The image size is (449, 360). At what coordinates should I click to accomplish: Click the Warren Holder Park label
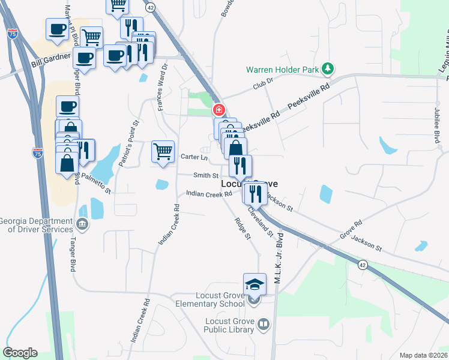[x=282, y=70]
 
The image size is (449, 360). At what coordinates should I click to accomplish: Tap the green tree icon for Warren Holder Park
[x=327, y=69]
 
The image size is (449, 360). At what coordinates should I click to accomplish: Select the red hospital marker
[x=219, y=110]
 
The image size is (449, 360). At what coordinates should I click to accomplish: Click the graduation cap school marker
[x=255, y=283]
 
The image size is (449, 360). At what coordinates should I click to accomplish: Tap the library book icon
[x=263, y=325]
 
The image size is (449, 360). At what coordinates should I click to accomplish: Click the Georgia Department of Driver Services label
[x=36, y=224]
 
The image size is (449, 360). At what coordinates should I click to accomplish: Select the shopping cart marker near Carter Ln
[x=163, y=151]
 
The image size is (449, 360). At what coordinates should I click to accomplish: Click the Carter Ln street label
[x=194, y=157]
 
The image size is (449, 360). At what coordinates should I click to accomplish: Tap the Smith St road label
[x=206, y=175]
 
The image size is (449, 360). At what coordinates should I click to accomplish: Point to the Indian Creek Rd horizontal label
[x=209, y=194]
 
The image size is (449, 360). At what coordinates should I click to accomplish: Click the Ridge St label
[x=243, y=227]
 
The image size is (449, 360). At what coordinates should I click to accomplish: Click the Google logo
[x=20, y=353]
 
